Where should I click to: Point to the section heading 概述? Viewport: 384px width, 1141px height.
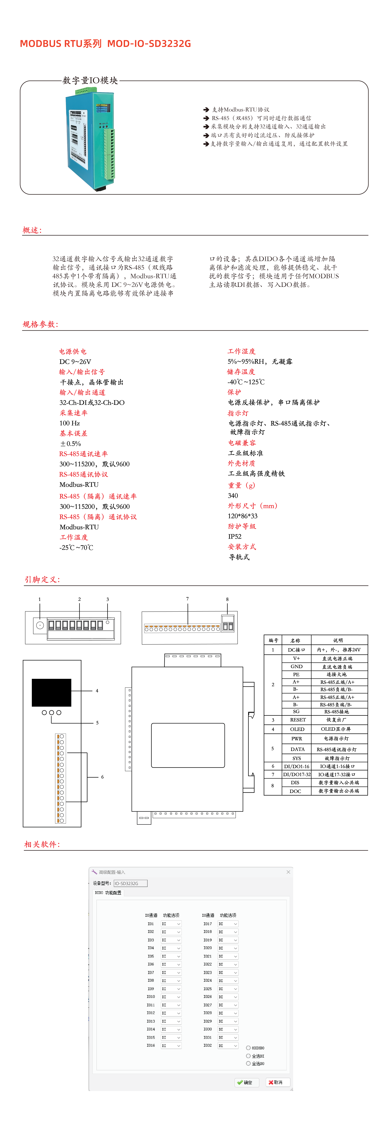[x=32, y=230]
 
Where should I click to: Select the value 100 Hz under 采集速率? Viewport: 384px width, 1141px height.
[x=70, y=423]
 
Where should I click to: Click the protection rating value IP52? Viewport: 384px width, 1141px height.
[x=235, y=536]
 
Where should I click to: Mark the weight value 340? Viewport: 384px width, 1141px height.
[x=233, y=496]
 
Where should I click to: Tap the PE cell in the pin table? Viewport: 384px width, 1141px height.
[x=296, y=674]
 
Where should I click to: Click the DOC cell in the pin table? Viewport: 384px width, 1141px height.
[x=295, y=791]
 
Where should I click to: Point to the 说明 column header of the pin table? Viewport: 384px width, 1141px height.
[x=338, y=640]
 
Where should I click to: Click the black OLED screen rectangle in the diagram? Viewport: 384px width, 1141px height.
[x=51, y=692]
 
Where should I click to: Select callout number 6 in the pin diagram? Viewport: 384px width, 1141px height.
[x=102, y=777]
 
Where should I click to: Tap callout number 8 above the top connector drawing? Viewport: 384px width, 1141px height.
[x=227, y=599]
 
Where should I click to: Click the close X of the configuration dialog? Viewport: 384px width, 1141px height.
[x=288, y=872]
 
